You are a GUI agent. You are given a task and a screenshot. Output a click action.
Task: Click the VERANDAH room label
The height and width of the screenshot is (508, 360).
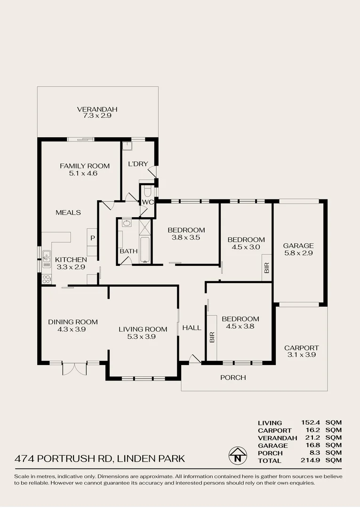click(97, 110)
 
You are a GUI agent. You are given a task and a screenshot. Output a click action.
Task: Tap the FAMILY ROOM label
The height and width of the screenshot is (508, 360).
click(85, 166)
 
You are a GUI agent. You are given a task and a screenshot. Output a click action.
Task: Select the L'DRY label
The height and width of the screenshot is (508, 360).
click(138, 164)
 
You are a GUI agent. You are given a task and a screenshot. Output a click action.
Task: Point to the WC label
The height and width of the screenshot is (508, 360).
click(148, 202)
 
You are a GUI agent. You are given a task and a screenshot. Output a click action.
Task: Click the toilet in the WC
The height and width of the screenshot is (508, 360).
click(147, 191)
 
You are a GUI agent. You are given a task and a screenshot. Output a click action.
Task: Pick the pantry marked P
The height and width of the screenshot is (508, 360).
click(93, 238)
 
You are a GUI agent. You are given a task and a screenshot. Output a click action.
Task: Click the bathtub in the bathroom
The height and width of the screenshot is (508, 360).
click(145, 249)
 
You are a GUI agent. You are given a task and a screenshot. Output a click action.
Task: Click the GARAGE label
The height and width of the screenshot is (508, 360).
click(298, 246)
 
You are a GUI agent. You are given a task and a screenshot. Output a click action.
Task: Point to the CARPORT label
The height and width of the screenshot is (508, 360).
click(301, 348)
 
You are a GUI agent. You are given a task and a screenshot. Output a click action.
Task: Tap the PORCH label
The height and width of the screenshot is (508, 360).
click(233, 377)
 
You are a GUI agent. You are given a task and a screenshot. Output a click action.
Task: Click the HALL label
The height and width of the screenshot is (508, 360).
click(192, 328)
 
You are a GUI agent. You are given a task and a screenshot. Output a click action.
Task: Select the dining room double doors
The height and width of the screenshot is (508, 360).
click(74, 368)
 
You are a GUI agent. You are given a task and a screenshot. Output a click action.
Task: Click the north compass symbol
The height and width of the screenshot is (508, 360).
click(238, 455)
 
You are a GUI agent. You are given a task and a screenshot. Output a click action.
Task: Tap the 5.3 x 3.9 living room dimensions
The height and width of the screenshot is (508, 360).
click(143, 336)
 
